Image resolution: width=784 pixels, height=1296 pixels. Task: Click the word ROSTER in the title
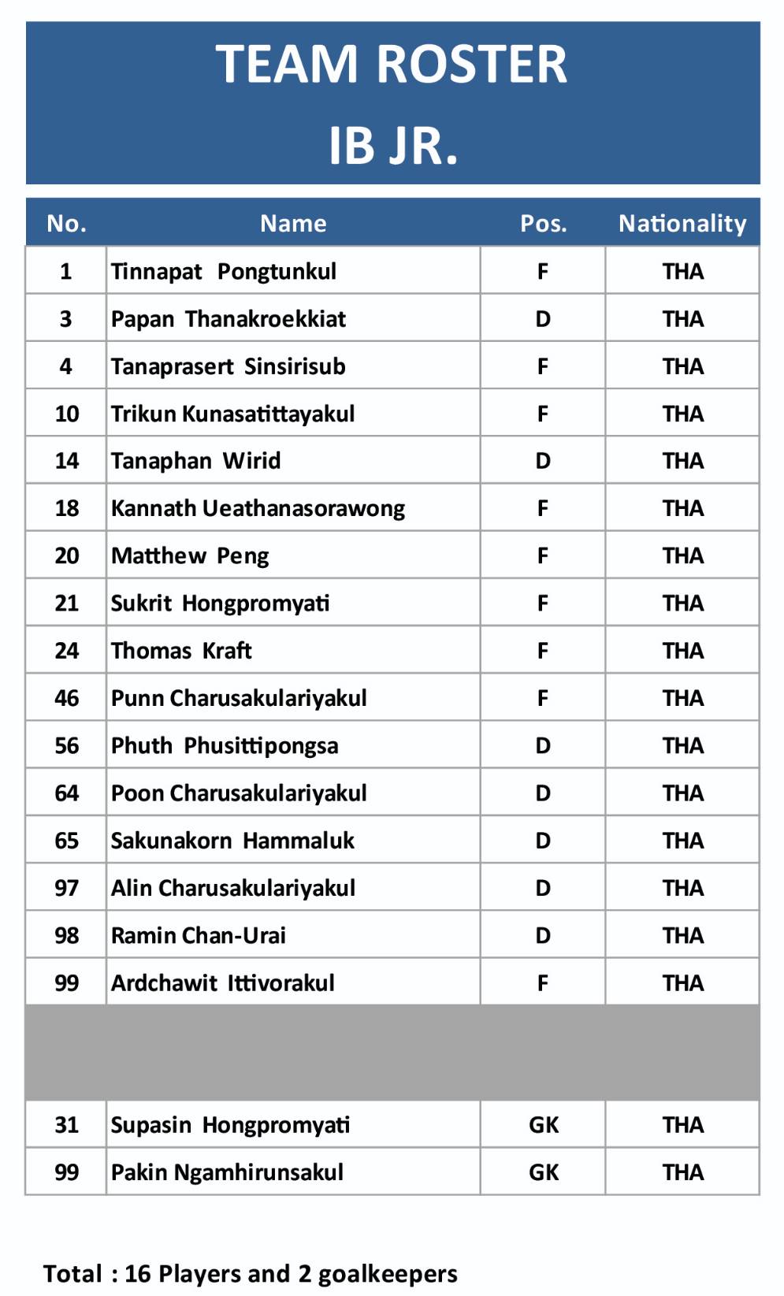pyautogui.click(x=471, y=64)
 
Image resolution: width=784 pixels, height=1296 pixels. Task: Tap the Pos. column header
pyautogui.click(x=543, y=224)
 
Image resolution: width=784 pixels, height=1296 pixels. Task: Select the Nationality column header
pyautogui.click(x=682, y=224)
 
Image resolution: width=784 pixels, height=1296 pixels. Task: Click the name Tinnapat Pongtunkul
pyautogui.click(x=223, y=272)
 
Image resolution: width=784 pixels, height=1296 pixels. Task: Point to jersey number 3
pyautogui.click(x=66, y=319)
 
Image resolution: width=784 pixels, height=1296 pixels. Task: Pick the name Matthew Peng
pyautogui.click(x=190, y=556)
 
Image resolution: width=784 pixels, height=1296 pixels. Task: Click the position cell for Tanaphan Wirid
pyautogui.click(x=543, y=461)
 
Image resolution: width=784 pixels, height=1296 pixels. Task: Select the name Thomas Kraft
pyautogui.click(x=181, y=651)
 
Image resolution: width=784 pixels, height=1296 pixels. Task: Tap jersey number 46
pyautogui.click(x=66, y=698)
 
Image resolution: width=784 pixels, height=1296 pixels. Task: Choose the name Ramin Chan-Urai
pyautogui.click(x=198, y=935)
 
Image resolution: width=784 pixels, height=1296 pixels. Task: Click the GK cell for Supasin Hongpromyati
pyautogui.click(x=543, y=1125)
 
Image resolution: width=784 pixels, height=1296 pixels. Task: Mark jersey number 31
pyautogui.click(x=66, y=1125)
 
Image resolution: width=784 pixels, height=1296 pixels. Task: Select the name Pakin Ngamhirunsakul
pyautogui.click(x=227, y=1172)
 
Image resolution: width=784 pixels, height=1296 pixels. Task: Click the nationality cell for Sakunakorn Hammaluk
pyautogui.click(x=682, y=841)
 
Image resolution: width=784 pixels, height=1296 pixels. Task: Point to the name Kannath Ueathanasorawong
pyautogui.click(x=258, y=509)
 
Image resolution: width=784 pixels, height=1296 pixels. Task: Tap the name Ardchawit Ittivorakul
pyautogui.click(x=222, y=983)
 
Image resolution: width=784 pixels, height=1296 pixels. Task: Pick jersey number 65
pyautogui.click(x=66, y=841)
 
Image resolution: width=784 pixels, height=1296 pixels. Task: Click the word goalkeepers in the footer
pyautogui.click(x=388, y=1274)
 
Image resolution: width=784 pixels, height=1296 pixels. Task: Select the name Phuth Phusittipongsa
pyautogui.click(x=225, y=746)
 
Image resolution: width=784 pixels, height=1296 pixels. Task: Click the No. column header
pyautogui.click(x=66, y=224)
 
